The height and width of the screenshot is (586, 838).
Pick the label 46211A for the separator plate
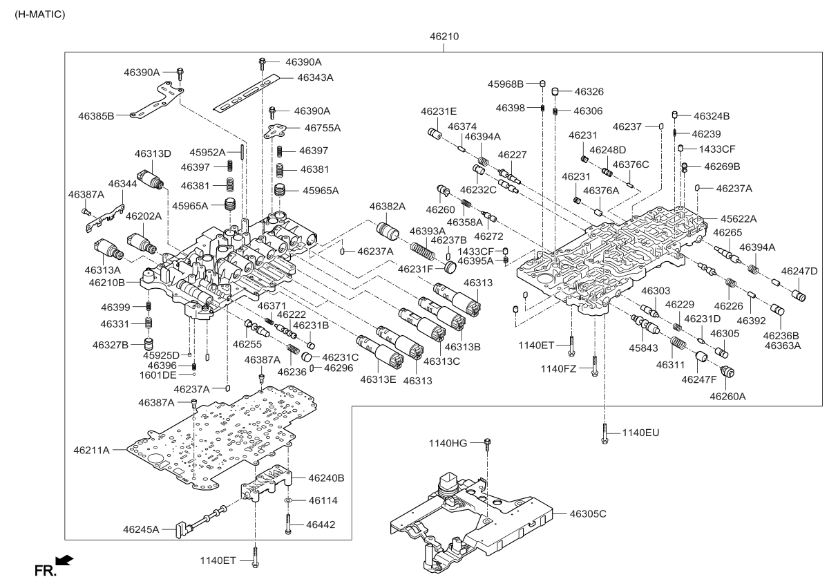tap(92, 450)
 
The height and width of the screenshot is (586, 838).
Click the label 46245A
tap(142, 529)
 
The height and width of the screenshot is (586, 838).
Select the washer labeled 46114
tap(289, 500)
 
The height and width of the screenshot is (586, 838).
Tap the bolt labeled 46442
tap(287, 524)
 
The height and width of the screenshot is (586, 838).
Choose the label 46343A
tap(315, 77)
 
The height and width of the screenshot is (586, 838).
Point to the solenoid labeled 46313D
tap(151, 179)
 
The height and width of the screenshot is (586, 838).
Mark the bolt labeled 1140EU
tap(604, 432)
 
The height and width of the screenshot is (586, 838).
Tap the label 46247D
tap(799, 271)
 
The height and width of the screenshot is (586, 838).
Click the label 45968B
tap(506, 84)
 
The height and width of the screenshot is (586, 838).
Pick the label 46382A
tap(387, 206)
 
